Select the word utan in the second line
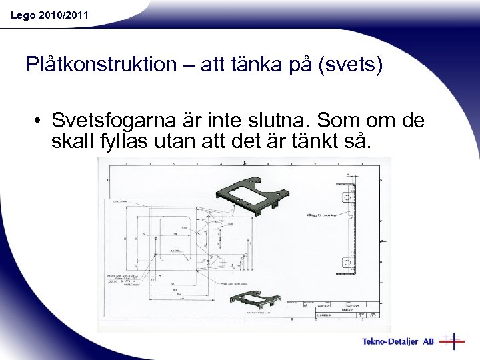point(193,141)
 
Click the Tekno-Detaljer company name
point(390,342)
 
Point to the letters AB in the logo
point(428,342)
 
